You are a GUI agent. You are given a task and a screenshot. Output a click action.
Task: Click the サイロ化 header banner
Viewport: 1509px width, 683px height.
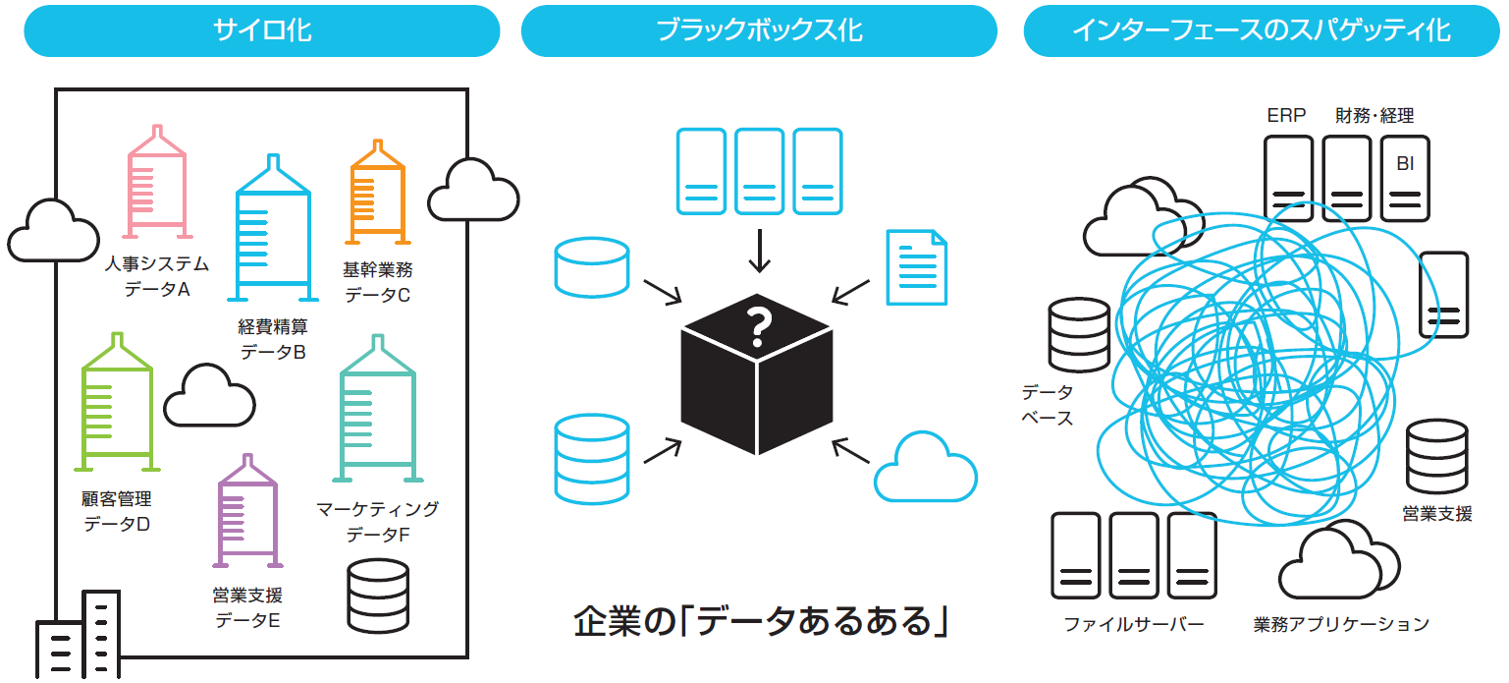tap(261, 30)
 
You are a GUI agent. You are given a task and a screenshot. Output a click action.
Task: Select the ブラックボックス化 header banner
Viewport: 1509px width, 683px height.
tap(759, 30)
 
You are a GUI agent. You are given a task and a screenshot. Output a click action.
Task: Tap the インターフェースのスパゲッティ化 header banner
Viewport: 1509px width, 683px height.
tap(1262, 30)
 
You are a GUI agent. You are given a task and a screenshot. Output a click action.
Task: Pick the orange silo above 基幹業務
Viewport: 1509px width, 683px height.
tap(377, 192)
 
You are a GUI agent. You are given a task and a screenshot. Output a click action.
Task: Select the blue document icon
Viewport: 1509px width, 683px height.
tap(916, 267)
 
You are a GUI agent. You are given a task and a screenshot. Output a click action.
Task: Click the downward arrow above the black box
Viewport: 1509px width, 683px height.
tap(759, 252)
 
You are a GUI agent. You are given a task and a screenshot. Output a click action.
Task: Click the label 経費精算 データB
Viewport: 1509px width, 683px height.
tap(272, 339)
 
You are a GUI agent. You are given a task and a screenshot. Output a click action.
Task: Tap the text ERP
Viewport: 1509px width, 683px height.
tap(1286, 115)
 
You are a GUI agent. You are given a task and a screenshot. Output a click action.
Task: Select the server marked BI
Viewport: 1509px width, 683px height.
tap(1405, 178)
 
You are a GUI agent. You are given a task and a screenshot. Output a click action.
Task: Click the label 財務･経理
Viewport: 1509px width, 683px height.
tap(1374, 115)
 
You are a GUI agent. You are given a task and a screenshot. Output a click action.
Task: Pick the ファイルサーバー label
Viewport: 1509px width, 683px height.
tap(1134, 624)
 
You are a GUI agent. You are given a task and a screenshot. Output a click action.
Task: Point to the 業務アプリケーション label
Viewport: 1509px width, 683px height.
tap(1341, 624)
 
